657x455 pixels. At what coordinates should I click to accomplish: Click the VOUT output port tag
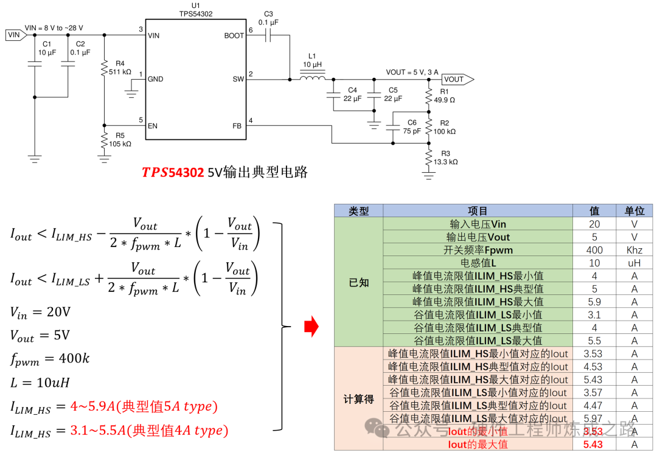pos(455,79)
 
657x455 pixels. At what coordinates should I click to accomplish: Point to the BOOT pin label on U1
pos(234,36)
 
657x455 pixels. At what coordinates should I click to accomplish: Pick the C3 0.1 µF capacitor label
pos(268,18)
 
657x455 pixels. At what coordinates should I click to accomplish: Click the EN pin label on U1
pos(153,126)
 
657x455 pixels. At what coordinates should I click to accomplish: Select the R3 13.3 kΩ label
pos(445,158)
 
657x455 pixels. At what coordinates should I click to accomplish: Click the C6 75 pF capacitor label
pos(411,127)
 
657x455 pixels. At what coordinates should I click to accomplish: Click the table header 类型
pos(358,211)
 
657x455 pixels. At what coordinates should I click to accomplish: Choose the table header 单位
pos(634,211)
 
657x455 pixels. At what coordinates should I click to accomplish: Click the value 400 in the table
pos(594,250)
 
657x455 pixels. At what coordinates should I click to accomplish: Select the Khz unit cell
pos(634,250)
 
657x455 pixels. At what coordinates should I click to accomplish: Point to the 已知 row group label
pos(358,282)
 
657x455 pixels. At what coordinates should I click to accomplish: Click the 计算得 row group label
pos(358,399)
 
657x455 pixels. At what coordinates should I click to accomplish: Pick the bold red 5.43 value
pos(594,445)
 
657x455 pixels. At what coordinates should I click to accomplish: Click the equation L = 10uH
pos(39,383)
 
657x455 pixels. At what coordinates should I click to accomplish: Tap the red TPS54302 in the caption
pos(173,173)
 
